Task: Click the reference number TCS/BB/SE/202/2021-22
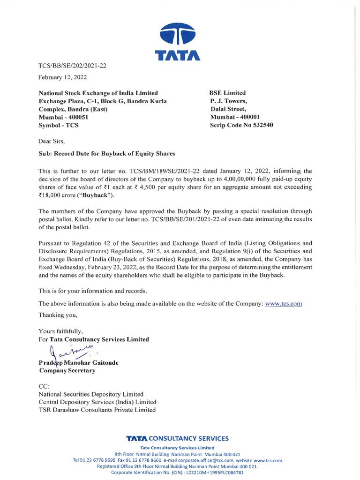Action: pyautogui.click(x=72, y=66)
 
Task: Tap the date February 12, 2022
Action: pyautogui.click(x=62, y=77)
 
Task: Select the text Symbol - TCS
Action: pyautogui.click(x=59, y=125)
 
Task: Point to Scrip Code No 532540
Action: pyautogui.click(x=241, y=125)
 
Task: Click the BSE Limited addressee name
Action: pyautogui.click(x=228, y=93)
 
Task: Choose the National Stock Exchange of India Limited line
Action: pyautogui.click(x=98, y=93)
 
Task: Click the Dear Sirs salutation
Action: pyautogui.click(x=52, y=141)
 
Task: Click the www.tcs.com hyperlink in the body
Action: pyautogui.click(x=284, y=304)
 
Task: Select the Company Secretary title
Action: pyautogui.click(x=67, y=370)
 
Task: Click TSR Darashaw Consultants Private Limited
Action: pyautogui.click(x=97, y=410)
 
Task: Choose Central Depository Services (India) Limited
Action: pyautogui.click(x=97, y=402)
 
